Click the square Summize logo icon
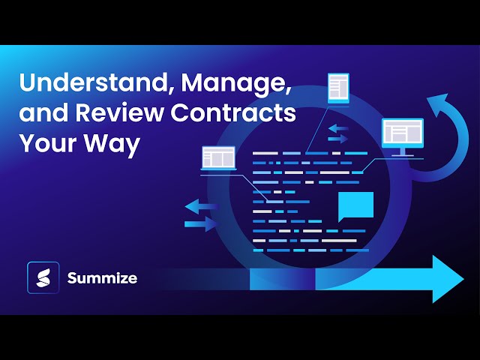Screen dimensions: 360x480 coord(43,277)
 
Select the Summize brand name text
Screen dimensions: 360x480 coord(102,278)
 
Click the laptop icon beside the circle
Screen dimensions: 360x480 coord(218,158)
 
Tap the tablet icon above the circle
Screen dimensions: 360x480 coord(338,88)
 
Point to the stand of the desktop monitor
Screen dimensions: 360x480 coord(403,152)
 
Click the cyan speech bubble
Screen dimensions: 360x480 coord(355,205)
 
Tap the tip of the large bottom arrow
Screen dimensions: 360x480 coord(461,279)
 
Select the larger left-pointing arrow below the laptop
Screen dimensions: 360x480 coord(201,206)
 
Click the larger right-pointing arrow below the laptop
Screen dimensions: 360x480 coord(201,224)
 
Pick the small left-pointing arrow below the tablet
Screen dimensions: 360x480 coord(337,128)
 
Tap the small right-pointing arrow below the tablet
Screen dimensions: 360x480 coord(339,139)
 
